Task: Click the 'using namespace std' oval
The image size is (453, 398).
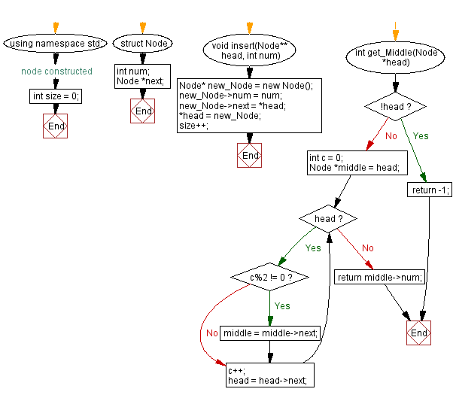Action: [x=56, y=44]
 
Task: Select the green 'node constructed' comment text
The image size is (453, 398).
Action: [x=56, y=71]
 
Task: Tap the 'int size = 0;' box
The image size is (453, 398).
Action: [x=56, y=96]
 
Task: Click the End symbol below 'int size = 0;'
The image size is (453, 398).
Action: [x=56, y=126]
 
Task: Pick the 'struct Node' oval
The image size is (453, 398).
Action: [x=143, y=44]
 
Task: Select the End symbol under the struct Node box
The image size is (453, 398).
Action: [x=143, y=111]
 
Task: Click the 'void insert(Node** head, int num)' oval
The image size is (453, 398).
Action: [x=250, y=51]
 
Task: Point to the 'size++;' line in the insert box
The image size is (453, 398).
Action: [x=194, y=126]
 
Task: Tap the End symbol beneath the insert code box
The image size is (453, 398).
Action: [x=250, y=156]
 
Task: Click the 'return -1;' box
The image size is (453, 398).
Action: [x=430, y=191]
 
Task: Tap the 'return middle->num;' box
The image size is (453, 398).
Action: [x=379, y=277]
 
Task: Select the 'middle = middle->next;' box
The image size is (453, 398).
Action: [x=269, y=333]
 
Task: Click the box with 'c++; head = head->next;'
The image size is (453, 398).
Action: [x=269, y=375]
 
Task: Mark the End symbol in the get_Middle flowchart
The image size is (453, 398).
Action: [x=418, y=333]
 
